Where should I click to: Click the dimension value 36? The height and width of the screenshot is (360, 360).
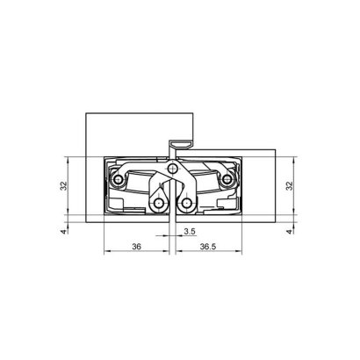click(x=136, y=248)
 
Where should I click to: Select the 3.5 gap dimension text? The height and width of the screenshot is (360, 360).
click(x=190, y=232)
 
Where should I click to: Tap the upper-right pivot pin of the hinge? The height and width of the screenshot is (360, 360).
click(x=228, y=181)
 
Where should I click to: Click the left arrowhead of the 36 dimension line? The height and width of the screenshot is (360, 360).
click(x=105, y=255)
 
